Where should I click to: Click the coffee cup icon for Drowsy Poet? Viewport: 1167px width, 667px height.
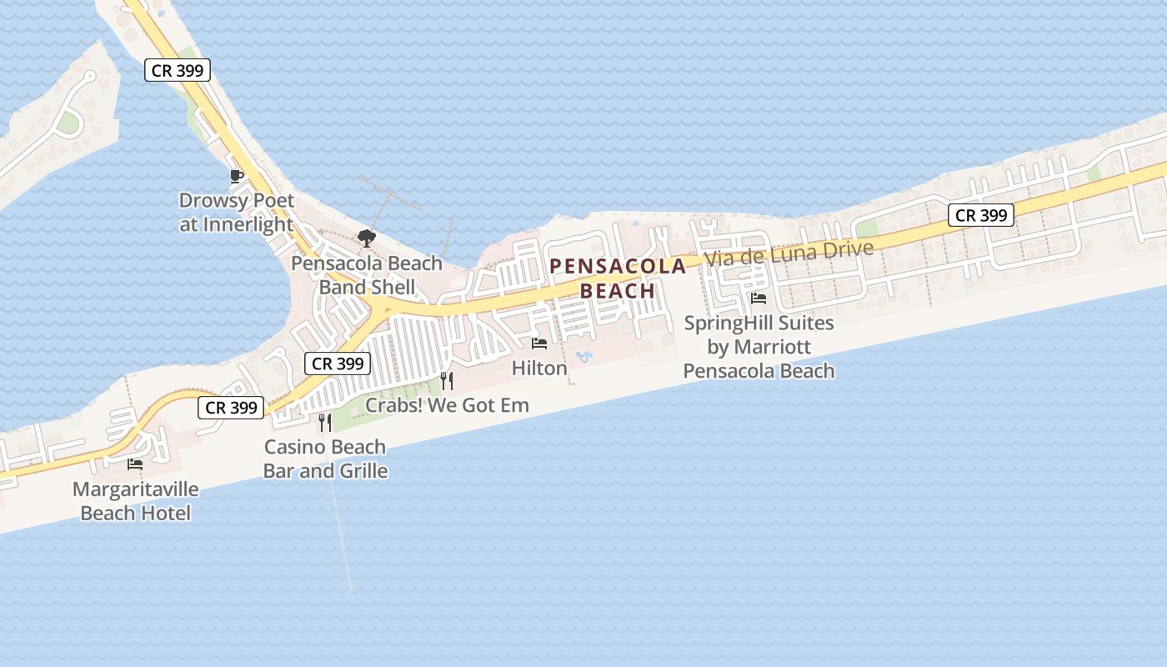click(237, 176)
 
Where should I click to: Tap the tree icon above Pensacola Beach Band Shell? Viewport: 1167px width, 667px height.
click(366, 238)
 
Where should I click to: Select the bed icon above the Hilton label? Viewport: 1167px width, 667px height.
click(539, 343)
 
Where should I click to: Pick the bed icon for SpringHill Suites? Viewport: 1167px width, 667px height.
click(759, 298)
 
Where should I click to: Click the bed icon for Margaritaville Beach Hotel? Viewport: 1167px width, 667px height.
click(135, 464)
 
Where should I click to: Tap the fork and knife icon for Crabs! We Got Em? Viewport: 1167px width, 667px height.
click(447, 381)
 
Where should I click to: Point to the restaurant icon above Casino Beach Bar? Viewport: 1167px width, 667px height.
click(325, 423)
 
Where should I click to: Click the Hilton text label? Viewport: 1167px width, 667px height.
click(539, 368)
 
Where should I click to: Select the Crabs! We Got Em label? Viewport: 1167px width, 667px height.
click(448, 406)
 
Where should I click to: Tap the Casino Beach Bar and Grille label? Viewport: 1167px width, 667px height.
click(325, 459)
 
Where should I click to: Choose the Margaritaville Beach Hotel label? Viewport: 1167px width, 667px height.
click(135, 501)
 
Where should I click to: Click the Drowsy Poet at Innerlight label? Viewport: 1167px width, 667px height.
click(237, 213)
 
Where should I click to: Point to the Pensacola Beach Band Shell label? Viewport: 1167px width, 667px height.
click(367, 275)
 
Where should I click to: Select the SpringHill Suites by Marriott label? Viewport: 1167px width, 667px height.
click(759, 347)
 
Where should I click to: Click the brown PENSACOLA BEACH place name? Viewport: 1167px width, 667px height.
click(618, 278)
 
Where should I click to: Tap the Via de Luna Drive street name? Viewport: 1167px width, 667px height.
click(789, 253)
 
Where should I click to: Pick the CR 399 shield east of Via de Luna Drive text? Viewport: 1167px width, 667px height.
click(981, 215)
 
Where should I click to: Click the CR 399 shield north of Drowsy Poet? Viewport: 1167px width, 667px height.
click(178, 71)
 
